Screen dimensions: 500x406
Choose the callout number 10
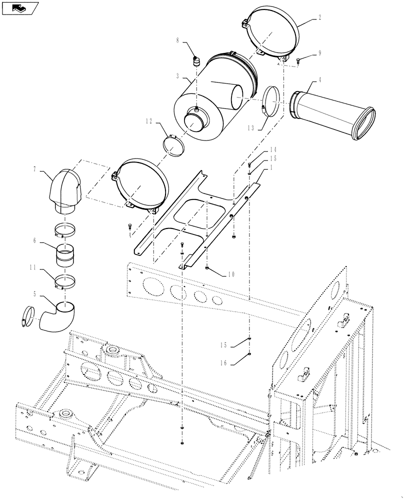(x=230, y=274)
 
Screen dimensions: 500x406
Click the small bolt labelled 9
(x=298, y=61)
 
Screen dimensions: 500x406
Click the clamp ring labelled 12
(x=173, y=145)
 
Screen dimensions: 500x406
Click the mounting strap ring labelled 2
(x=272, y=32)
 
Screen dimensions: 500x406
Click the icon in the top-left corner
(x=19, y=7)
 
